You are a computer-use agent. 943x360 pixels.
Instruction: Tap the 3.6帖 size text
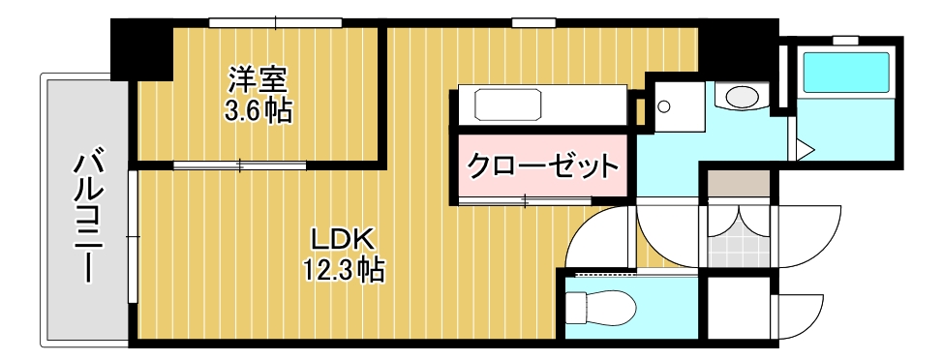258,110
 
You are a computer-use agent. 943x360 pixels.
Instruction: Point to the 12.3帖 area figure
345,270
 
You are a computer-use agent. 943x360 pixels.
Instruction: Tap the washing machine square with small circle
676,104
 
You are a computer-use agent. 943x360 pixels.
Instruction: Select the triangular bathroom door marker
803,149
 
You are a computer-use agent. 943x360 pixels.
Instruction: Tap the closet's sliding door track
523,201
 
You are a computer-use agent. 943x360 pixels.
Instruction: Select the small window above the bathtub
845,40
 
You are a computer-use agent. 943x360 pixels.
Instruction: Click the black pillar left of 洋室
139,49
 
